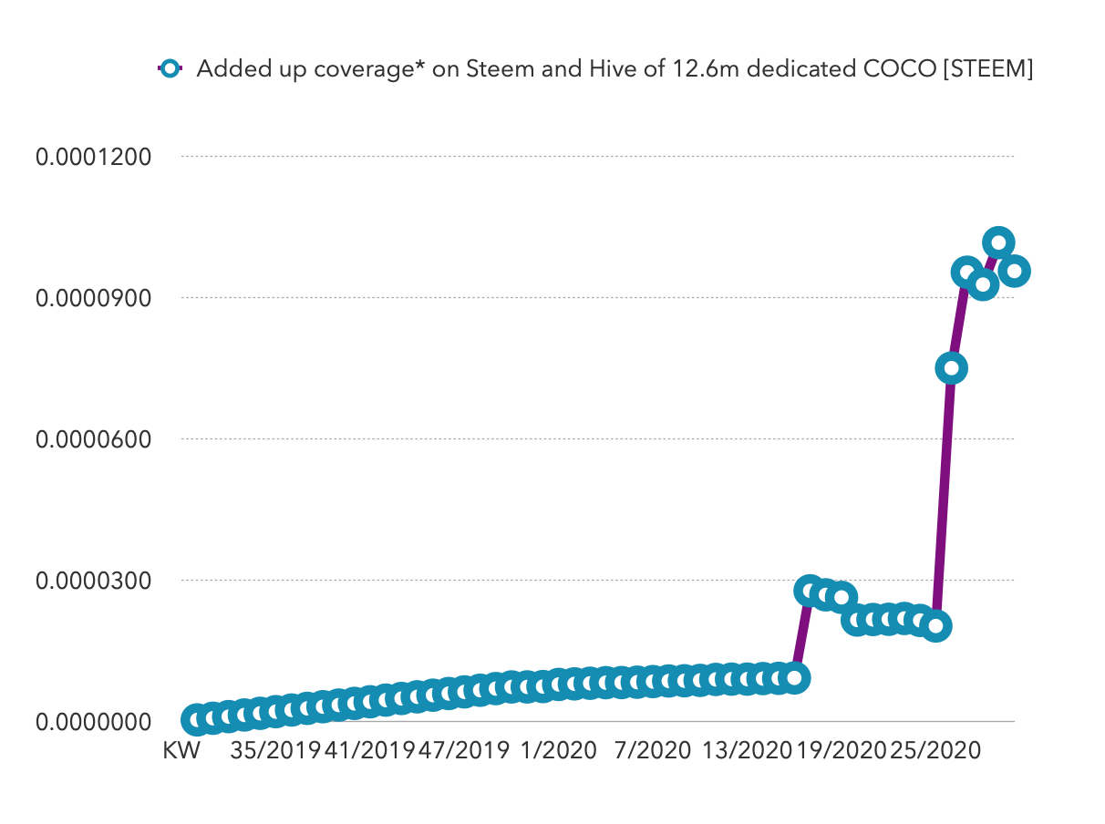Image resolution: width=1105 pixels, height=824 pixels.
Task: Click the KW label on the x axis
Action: tap(181, 751)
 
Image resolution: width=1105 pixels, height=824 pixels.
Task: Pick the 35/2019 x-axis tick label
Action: tap(275, 751)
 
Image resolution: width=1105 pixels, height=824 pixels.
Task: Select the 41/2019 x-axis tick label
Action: tap(369, 751)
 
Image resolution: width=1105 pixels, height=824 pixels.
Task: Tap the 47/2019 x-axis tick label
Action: tap(464, 751)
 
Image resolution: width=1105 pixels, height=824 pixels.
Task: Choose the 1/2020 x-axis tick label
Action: tap(558, 751)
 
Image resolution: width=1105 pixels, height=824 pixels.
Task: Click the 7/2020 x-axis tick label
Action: tap(652, 751)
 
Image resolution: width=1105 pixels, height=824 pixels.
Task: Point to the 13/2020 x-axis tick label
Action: tap(747, 751)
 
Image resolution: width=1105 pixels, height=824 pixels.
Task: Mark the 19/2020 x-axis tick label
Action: tap(841, 751)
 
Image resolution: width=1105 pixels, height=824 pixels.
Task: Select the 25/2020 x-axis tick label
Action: tap(935, 751)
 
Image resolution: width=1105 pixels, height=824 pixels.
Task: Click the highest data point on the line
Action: tap(998, 242)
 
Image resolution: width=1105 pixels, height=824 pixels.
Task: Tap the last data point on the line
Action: tap(1014, 271)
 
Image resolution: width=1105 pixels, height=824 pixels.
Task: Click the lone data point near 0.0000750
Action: tap(951, 368)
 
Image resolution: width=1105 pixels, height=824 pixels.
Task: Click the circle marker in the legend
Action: tap(170, 69)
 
